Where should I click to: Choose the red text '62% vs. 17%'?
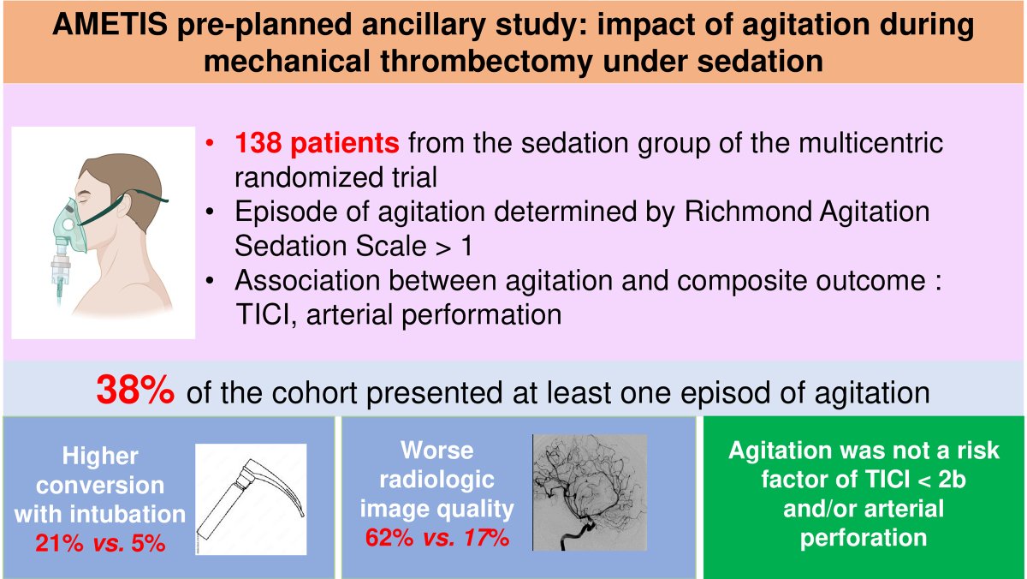436,539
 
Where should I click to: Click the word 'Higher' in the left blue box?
101,455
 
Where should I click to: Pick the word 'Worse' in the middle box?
436,450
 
